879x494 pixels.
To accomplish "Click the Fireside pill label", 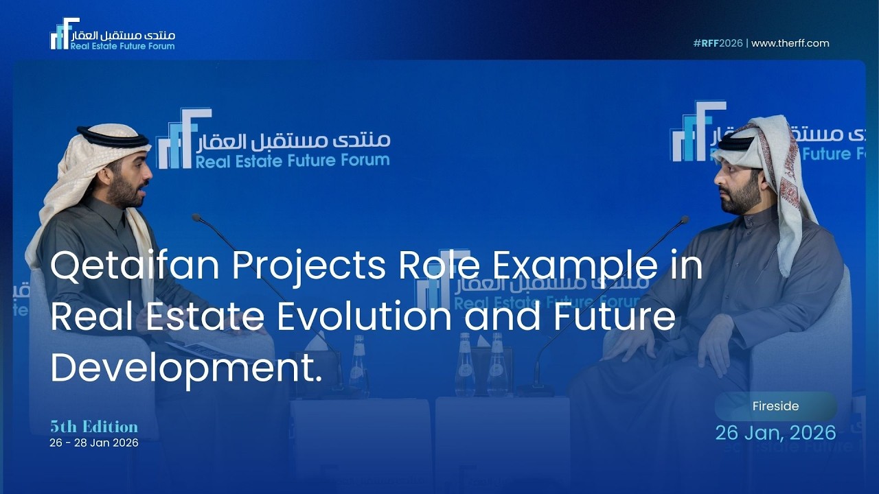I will point(775,406).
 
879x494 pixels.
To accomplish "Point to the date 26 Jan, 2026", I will point(775,433).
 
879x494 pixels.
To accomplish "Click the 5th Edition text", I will point(94,427).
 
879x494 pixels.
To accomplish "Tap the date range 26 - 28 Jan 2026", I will point(94,443).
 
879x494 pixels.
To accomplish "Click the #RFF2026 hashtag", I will point(718,43).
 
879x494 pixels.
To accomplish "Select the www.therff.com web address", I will point(790,43).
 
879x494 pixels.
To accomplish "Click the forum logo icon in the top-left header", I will point(64,34).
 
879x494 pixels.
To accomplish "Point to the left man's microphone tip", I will point(196,217).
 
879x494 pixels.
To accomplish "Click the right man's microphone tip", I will point(684,220).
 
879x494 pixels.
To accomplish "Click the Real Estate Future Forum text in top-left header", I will point(122,46).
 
